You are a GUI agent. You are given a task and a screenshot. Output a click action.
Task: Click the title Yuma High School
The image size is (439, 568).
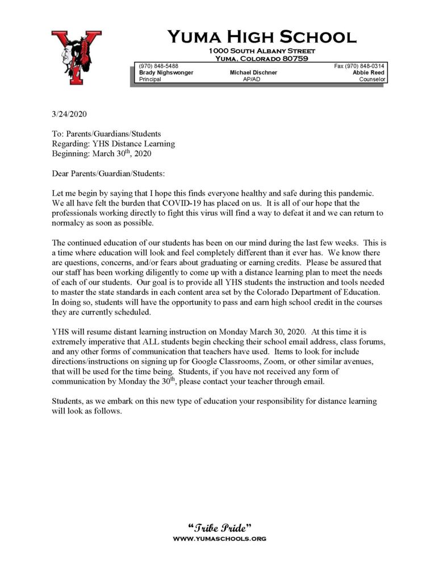261,37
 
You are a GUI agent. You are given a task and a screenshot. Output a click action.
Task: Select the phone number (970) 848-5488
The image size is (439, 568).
157,66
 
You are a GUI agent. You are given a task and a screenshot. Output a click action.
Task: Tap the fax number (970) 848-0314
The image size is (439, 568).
359,66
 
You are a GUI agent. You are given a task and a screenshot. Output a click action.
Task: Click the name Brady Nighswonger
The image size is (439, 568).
166,73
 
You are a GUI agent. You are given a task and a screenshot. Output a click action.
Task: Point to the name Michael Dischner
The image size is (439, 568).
253,73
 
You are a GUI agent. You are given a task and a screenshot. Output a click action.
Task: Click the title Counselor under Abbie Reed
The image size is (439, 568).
372,80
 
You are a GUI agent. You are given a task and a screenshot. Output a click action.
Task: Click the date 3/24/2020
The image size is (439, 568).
69,114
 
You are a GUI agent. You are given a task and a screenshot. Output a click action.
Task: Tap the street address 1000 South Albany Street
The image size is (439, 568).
261,51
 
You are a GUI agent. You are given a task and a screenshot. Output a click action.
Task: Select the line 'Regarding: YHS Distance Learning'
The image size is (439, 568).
113,144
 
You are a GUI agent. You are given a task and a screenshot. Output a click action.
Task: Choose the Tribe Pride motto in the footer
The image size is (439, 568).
219,527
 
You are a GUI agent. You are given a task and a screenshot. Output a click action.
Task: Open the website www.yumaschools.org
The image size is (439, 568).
219,538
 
